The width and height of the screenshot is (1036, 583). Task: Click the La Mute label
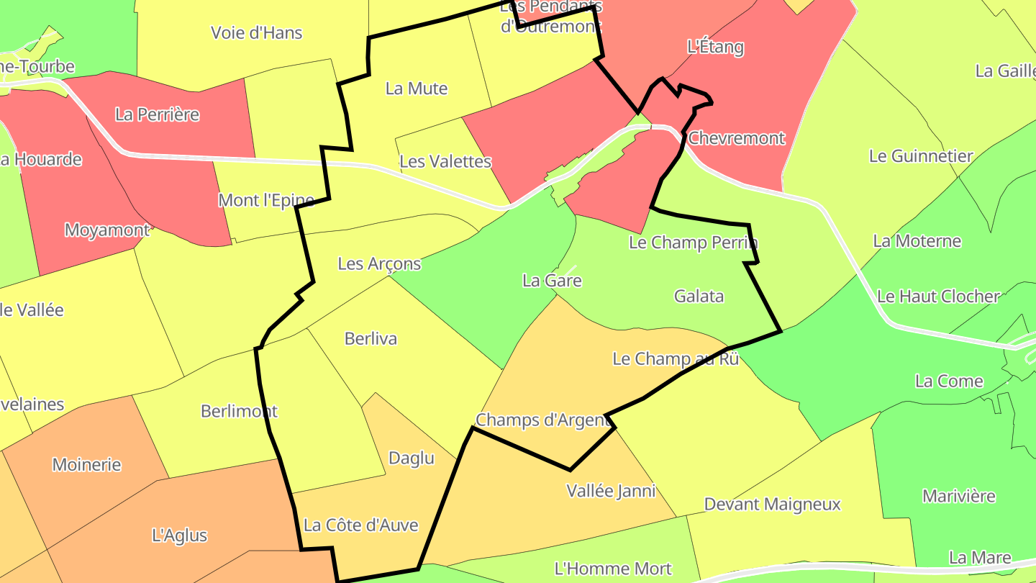coord(417,89)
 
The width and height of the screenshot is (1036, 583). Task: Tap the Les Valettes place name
coord(445,161)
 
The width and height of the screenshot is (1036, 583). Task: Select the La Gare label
coord(552,281)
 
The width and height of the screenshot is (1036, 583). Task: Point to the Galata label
coord(699,296)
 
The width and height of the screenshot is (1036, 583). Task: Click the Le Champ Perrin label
coord(693,243)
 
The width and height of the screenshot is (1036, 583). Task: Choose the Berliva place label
coord(371,338)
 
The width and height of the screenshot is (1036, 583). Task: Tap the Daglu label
coord(411,458)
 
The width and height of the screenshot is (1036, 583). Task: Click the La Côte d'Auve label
coord(360,525)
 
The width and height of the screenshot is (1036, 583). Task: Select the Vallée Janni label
coord(611,491)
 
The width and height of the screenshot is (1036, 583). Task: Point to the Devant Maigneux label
coord(772,504)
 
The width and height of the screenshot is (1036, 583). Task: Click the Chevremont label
coord(736,137)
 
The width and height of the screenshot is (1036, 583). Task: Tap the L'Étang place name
coord(715,48)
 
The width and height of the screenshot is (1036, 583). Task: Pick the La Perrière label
coord(157,114)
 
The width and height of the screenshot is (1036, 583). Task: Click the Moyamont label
coord(106,230)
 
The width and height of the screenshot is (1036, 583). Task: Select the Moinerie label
coord(86,464)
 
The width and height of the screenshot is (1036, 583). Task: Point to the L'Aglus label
coord(180,535)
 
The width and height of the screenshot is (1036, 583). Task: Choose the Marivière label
coord(958,496)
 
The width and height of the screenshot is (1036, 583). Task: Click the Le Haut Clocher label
coord(938,296)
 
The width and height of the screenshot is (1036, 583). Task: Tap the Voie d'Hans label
coord(256,32)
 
